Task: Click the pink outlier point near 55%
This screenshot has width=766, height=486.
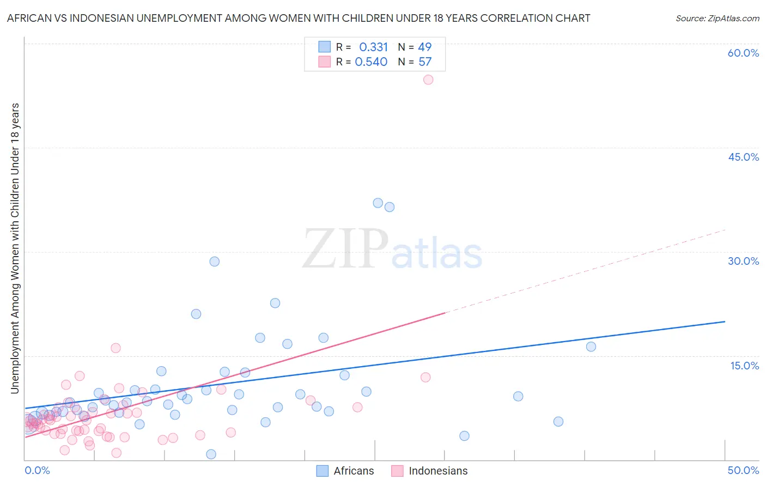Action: tap(428, 80)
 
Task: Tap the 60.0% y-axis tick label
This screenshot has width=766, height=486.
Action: tap(743, 53)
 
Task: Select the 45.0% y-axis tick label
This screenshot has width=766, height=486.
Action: tap(743, 157)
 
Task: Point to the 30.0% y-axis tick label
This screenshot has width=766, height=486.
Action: tap(743, 261)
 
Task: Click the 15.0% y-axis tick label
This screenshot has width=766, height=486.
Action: tap(744, 365)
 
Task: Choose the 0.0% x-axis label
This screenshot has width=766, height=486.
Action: tap(37, 470)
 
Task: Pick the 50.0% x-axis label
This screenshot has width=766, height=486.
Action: tap(743, 470)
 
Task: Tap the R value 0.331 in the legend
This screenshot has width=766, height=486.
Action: tap(373, 47)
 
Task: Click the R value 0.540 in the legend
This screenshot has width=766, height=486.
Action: tap(371, 62)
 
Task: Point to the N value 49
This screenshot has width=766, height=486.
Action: tap(424, 47)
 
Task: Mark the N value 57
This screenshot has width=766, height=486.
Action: tap(425, 62)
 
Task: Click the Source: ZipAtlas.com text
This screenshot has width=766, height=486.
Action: tap(717, 18)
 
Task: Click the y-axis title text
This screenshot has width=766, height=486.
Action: tap(15, 248)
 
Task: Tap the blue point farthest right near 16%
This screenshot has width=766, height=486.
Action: tap(591, 347)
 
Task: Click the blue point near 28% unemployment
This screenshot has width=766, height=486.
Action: tap(215, 262)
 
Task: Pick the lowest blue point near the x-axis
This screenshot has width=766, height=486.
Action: tap(211, 454)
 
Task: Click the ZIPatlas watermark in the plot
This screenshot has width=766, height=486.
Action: tap(392, 250)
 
